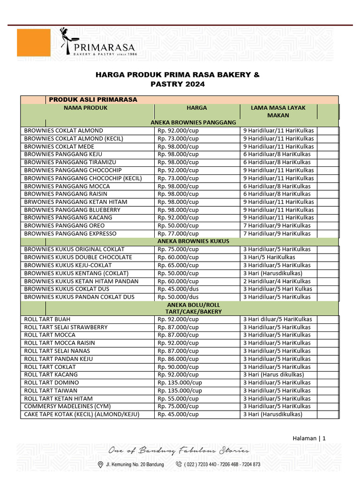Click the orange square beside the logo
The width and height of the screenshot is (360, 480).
tap(33, 43)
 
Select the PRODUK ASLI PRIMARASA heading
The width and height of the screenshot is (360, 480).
tap(93, 99)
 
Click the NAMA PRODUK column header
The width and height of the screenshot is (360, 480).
tap(86, 108)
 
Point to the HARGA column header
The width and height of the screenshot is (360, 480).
tap(197, 108)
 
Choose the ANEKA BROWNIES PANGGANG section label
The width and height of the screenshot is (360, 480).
tap(193, 122)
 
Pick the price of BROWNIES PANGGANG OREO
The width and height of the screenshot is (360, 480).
tap(178, 225)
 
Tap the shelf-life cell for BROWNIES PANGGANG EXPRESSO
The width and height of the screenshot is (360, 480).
tap(277, 233)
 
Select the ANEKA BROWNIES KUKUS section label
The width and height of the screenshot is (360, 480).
tap(193, 241)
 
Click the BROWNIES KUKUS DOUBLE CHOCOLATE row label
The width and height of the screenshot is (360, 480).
tap(78, 257)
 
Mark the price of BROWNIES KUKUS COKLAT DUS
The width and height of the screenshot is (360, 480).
tap(178, 289)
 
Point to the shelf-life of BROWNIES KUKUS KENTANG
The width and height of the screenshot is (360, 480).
tap(273, 273)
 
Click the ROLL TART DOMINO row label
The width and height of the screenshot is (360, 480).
tap(52, 382)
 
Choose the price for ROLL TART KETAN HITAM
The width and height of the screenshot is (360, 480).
tap(178, 398)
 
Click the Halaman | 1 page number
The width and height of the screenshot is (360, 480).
tap(309, 438)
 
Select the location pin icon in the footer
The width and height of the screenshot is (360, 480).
tap(100, 464)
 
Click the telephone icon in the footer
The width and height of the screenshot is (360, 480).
tap(179, 464)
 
